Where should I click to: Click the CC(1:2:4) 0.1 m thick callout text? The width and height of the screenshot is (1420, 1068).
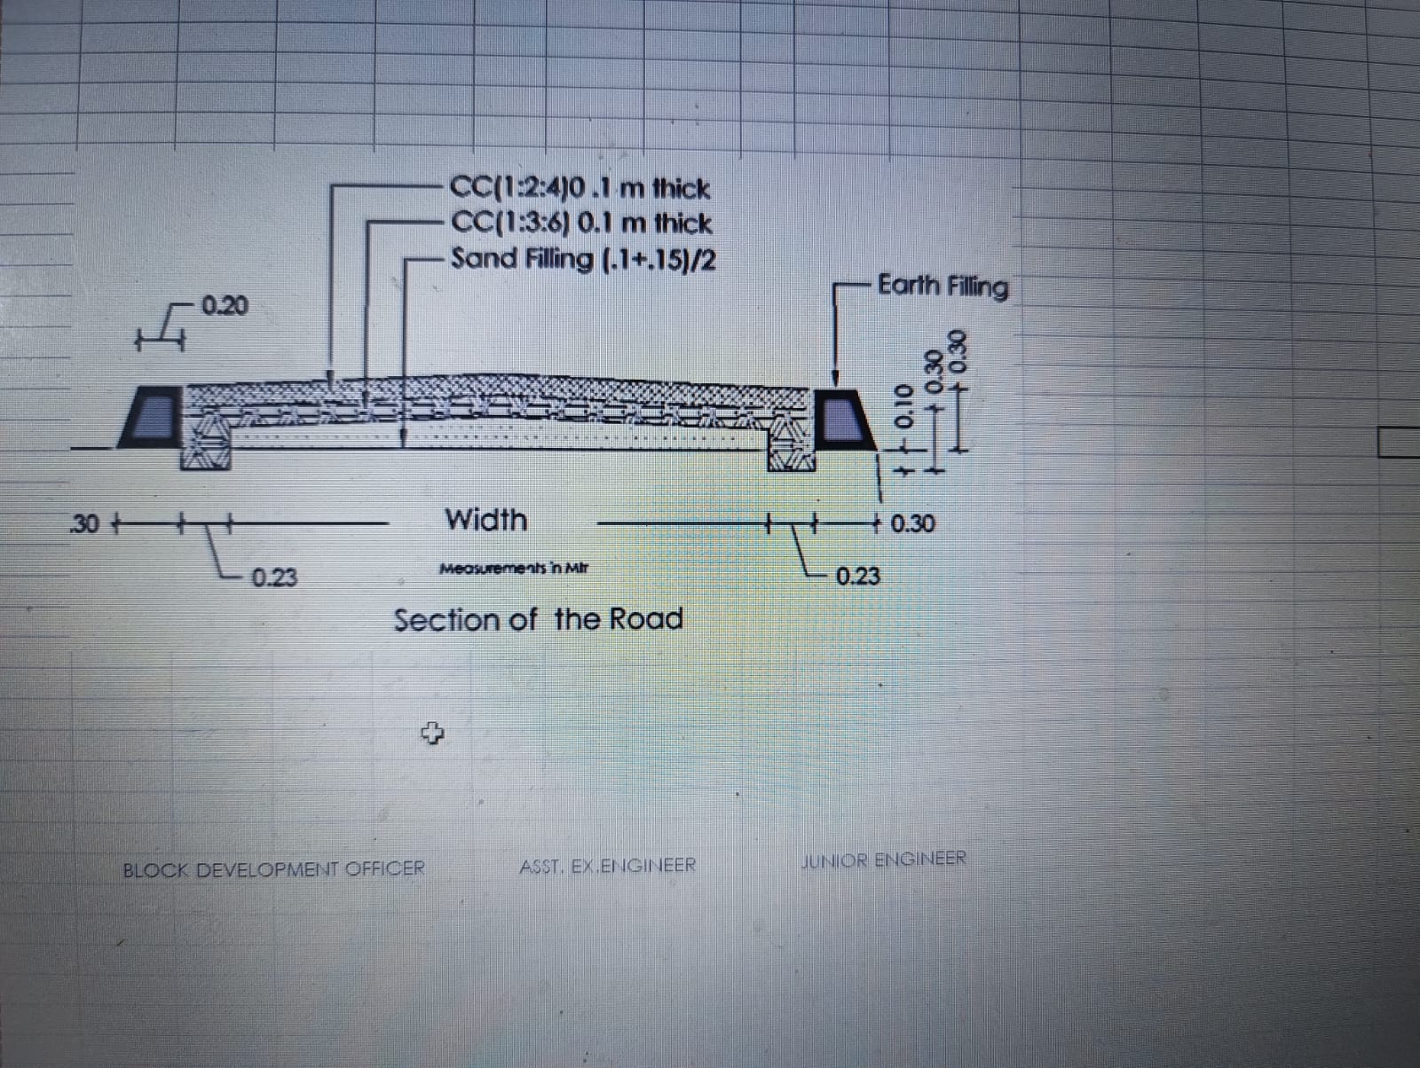tap(580, 189)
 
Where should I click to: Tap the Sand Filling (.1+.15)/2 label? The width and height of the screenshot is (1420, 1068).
tap(584, 259)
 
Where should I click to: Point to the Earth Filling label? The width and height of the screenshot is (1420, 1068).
tap(943, 287)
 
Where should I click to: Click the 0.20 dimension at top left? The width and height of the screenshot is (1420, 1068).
tap(225, 307)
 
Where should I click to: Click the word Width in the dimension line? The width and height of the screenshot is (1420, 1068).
tap(485, 520)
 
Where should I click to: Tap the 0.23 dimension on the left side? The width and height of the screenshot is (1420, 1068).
tap(274, 578)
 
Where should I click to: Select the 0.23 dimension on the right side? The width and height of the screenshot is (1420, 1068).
tap(857, 577)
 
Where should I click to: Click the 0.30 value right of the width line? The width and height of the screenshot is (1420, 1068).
tap(911, 523)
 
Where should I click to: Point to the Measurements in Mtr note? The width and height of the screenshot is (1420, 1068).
tap(514, 569)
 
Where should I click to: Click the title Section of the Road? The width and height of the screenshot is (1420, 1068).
tap(538, 619)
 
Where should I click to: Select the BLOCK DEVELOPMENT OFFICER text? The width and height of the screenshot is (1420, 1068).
tap(273, 868)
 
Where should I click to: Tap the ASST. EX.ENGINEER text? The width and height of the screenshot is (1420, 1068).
tap(608, 865)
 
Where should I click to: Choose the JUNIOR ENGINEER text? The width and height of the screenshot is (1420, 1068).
tap(883, 860)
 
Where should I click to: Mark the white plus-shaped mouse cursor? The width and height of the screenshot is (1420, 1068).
tap(431, 733)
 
